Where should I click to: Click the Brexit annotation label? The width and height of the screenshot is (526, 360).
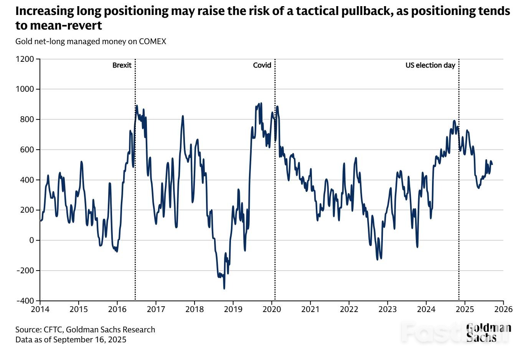(x=122, y=65)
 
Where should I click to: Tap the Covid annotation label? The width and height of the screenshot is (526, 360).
(x=262, y=65)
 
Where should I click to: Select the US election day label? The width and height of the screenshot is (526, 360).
(x=430, y=65)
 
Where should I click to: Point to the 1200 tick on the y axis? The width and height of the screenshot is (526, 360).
(x=25, y=59)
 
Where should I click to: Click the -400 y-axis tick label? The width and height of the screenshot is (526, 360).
(x=25, y=301)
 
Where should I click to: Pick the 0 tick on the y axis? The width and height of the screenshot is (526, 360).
(x=32, y=240)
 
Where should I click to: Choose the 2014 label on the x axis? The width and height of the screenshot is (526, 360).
(x=40, y=309)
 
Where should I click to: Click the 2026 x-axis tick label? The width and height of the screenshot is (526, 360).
(x=503, y=309)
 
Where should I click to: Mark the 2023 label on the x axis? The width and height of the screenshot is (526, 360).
(x=387, y=309)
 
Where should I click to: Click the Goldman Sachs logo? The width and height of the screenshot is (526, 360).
(x=488, y=332)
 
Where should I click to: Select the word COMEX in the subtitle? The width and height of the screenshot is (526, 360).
(x=152, y=41)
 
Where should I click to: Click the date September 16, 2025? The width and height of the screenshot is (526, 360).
(x=90, y=340)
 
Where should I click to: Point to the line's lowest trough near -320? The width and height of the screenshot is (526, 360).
(x=224, y=288)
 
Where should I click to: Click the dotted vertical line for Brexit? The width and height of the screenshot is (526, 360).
(x=135, y=192)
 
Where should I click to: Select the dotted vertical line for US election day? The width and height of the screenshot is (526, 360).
(x=459, y=192)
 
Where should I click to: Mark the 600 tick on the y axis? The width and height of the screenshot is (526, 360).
(x=28, y=150)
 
